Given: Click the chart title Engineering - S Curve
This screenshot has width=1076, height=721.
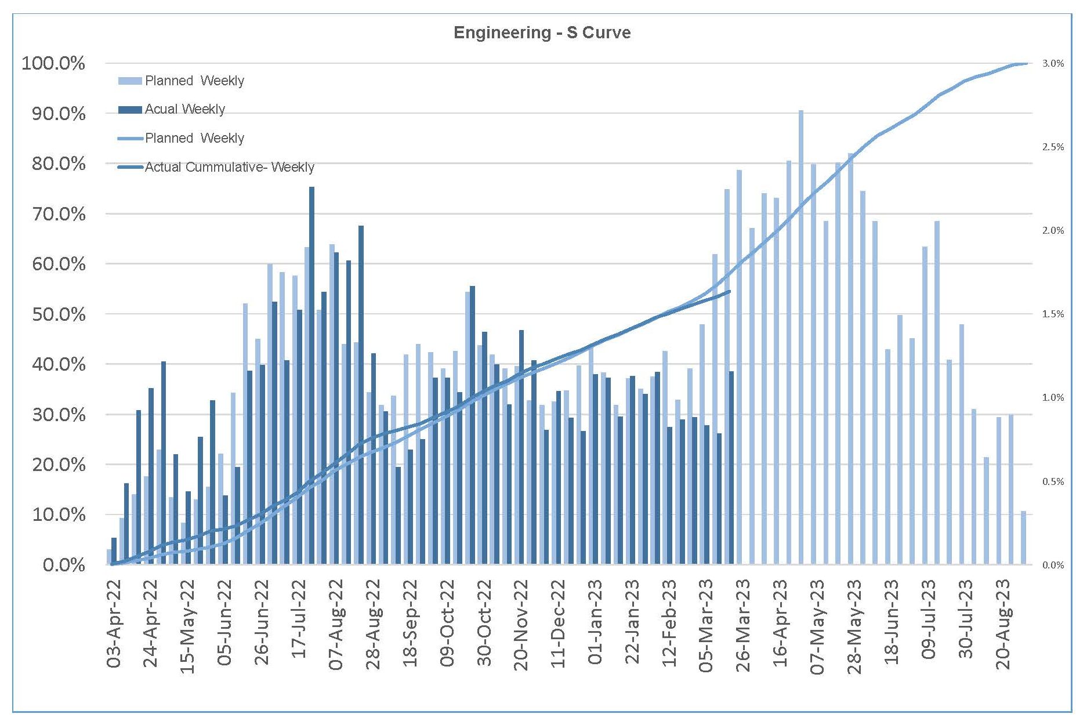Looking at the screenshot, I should pyautogui.click(x=542, y=32).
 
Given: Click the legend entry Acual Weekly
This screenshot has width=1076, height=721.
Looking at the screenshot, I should pyautogui.click(x=184, y=109).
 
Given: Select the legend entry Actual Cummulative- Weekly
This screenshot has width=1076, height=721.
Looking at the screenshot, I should pyautogui.click(x=229, y=167).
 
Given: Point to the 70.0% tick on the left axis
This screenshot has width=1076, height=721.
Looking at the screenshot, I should pyautogui.click(x=59, y=214).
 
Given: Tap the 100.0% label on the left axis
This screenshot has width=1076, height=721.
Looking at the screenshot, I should pyautogui.click(x=53, y=63).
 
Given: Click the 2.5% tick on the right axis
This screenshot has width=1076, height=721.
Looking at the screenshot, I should pyautogui.click(x=1053, y=147).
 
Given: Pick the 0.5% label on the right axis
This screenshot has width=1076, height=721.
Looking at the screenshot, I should pyautogui.click(x=1053, y=481).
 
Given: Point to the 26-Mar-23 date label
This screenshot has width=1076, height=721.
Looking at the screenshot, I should pyautogui.click(x=744, y=624).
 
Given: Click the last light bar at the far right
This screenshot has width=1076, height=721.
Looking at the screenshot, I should pyautogui.click(x=1024, y=537).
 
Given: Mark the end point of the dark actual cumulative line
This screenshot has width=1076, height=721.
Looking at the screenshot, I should pyautogui.click(x=729, y=291).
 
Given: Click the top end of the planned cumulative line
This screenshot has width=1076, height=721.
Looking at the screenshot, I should pyautogui.click(x=1026, y=63).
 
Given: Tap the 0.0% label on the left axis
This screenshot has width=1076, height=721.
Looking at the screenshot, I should pyautogui.click(x=64, y=565).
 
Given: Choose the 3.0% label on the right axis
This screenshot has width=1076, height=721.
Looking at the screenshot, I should pyautogui.click(x=1053, y=63).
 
